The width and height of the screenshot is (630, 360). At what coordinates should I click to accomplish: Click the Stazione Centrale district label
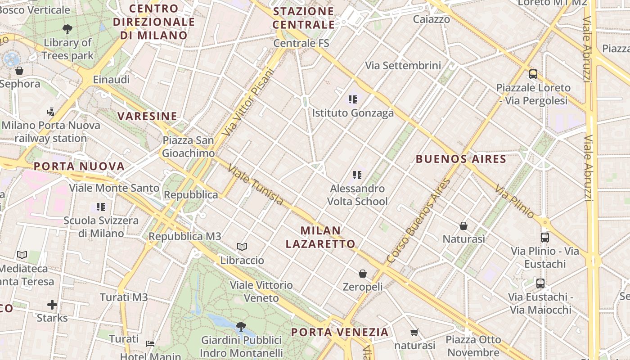304,18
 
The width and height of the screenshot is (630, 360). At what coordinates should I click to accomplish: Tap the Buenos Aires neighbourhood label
461,159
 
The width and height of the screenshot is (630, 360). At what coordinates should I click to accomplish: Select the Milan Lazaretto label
320,237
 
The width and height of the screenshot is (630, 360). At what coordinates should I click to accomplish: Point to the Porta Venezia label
339,333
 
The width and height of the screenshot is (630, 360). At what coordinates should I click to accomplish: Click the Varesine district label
148,116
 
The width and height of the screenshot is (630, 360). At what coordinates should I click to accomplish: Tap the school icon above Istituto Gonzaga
353,99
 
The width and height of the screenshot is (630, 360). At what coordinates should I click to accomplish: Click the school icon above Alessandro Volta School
357,175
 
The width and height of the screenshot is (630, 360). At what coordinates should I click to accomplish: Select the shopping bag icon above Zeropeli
363,274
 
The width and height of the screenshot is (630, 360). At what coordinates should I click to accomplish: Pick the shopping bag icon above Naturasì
463,226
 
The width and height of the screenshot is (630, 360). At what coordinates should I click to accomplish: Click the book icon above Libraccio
242,247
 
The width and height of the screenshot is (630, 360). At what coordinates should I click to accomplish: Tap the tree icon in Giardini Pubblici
241,326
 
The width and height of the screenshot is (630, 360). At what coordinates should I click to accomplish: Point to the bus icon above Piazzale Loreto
533,74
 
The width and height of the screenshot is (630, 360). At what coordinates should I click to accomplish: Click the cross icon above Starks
52,305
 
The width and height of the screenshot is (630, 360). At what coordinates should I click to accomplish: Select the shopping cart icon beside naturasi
414,333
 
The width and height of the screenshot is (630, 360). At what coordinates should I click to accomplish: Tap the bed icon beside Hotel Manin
150,344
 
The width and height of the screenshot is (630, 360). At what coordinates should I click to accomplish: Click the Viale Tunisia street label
256,185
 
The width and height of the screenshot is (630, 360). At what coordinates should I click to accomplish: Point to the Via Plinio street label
514,201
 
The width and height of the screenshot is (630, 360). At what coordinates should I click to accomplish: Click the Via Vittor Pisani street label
248,102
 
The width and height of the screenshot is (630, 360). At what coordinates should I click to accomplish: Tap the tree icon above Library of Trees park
67,30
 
